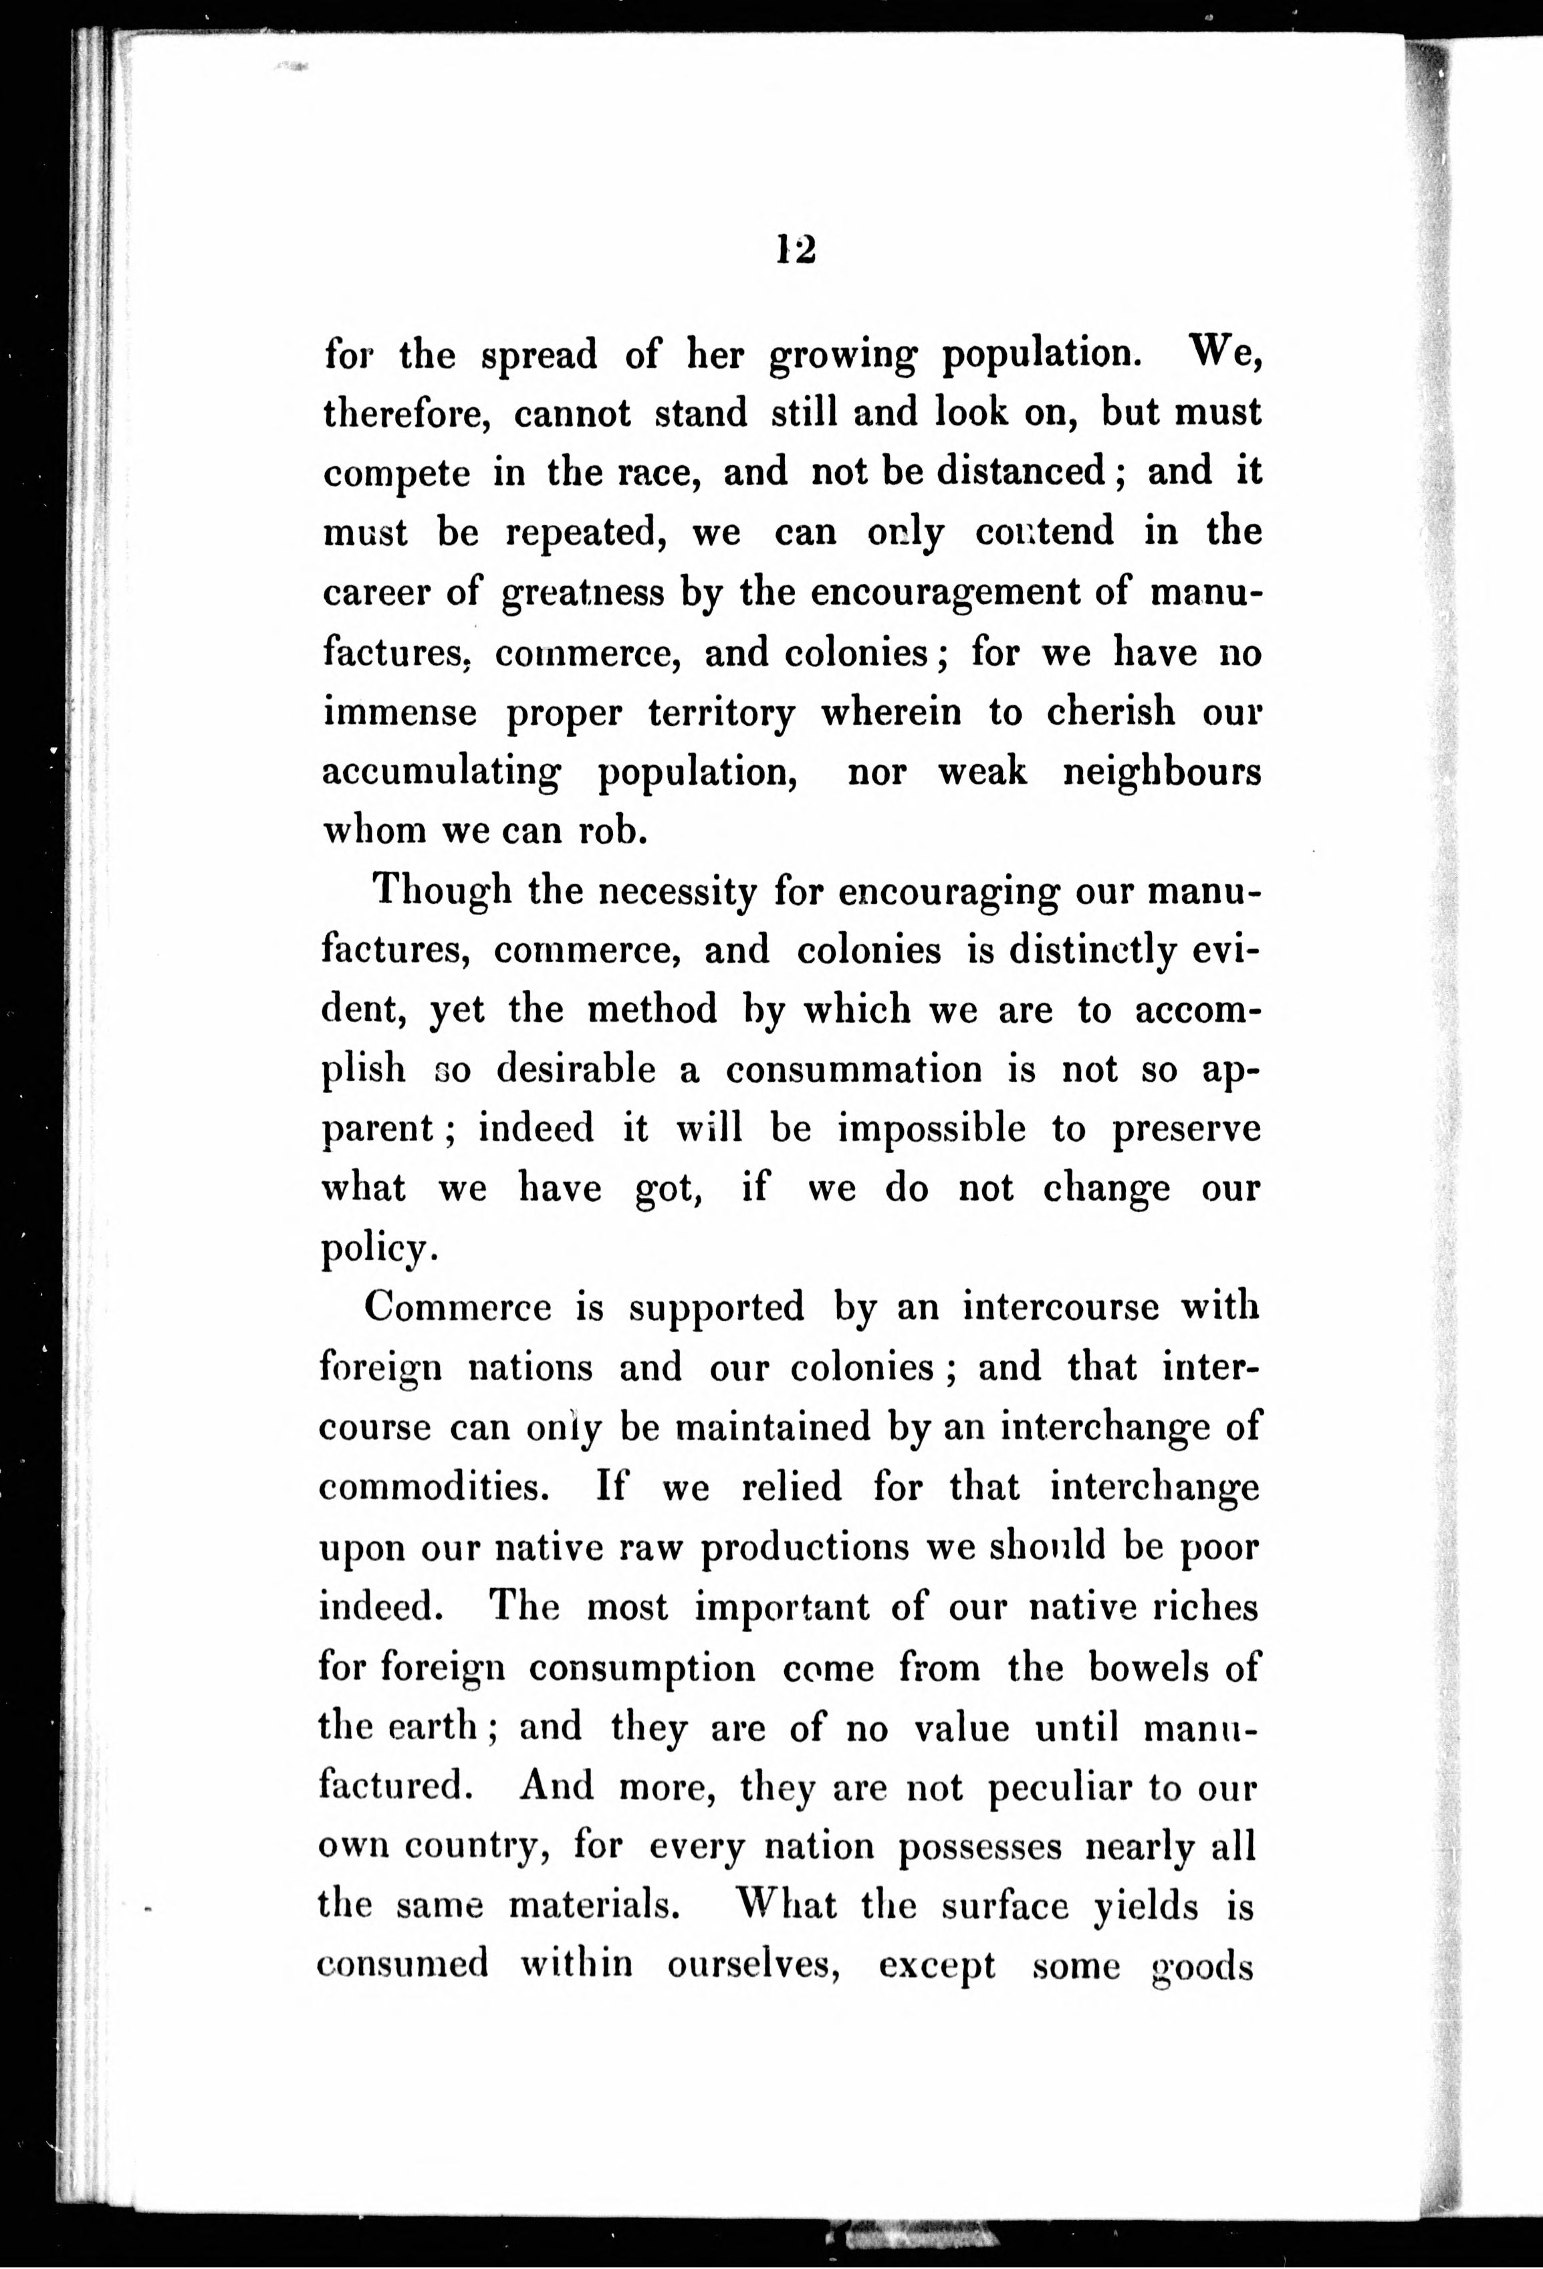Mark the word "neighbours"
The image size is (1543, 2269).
click(1161, 773)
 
